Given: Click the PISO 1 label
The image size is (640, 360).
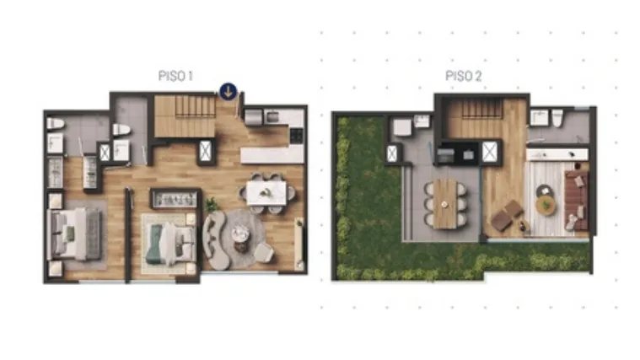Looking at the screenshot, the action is coord(175,76).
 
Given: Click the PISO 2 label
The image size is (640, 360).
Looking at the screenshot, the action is coord(463,76).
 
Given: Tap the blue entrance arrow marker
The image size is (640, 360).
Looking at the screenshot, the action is coord(229,91).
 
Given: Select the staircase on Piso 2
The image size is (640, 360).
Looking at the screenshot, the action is coord(481,109).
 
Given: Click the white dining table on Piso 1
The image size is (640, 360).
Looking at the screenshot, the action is coord(266,192).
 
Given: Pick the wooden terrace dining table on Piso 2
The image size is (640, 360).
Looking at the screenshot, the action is coord(445,204).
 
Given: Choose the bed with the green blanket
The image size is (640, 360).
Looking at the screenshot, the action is coord(168,244).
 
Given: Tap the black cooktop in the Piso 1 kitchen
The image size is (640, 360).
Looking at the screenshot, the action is coord(296,136).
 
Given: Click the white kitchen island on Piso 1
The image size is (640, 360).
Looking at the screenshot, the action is coord(272,155).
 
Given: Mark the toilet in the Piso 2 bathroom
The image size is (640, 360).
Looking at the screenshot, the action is coord(557,117).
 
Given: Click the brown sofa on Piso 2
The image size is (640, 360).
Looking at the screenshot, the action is coord(576,200).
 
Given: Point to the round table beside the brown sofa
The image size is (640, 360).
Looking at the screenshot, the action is coord(546,206).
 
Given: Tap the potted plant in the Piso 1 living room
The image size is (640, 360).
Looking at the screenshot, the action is coord(212,204).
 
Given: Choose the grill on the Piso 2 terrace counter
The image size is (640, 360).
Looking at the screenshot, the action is coord(445,155).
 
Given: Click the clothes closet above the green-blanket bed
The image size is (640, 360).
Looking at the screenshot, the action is coord(175,199).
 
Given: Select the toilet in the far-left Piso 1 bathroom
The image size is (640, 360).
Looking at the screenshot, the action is coord(56,123).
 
